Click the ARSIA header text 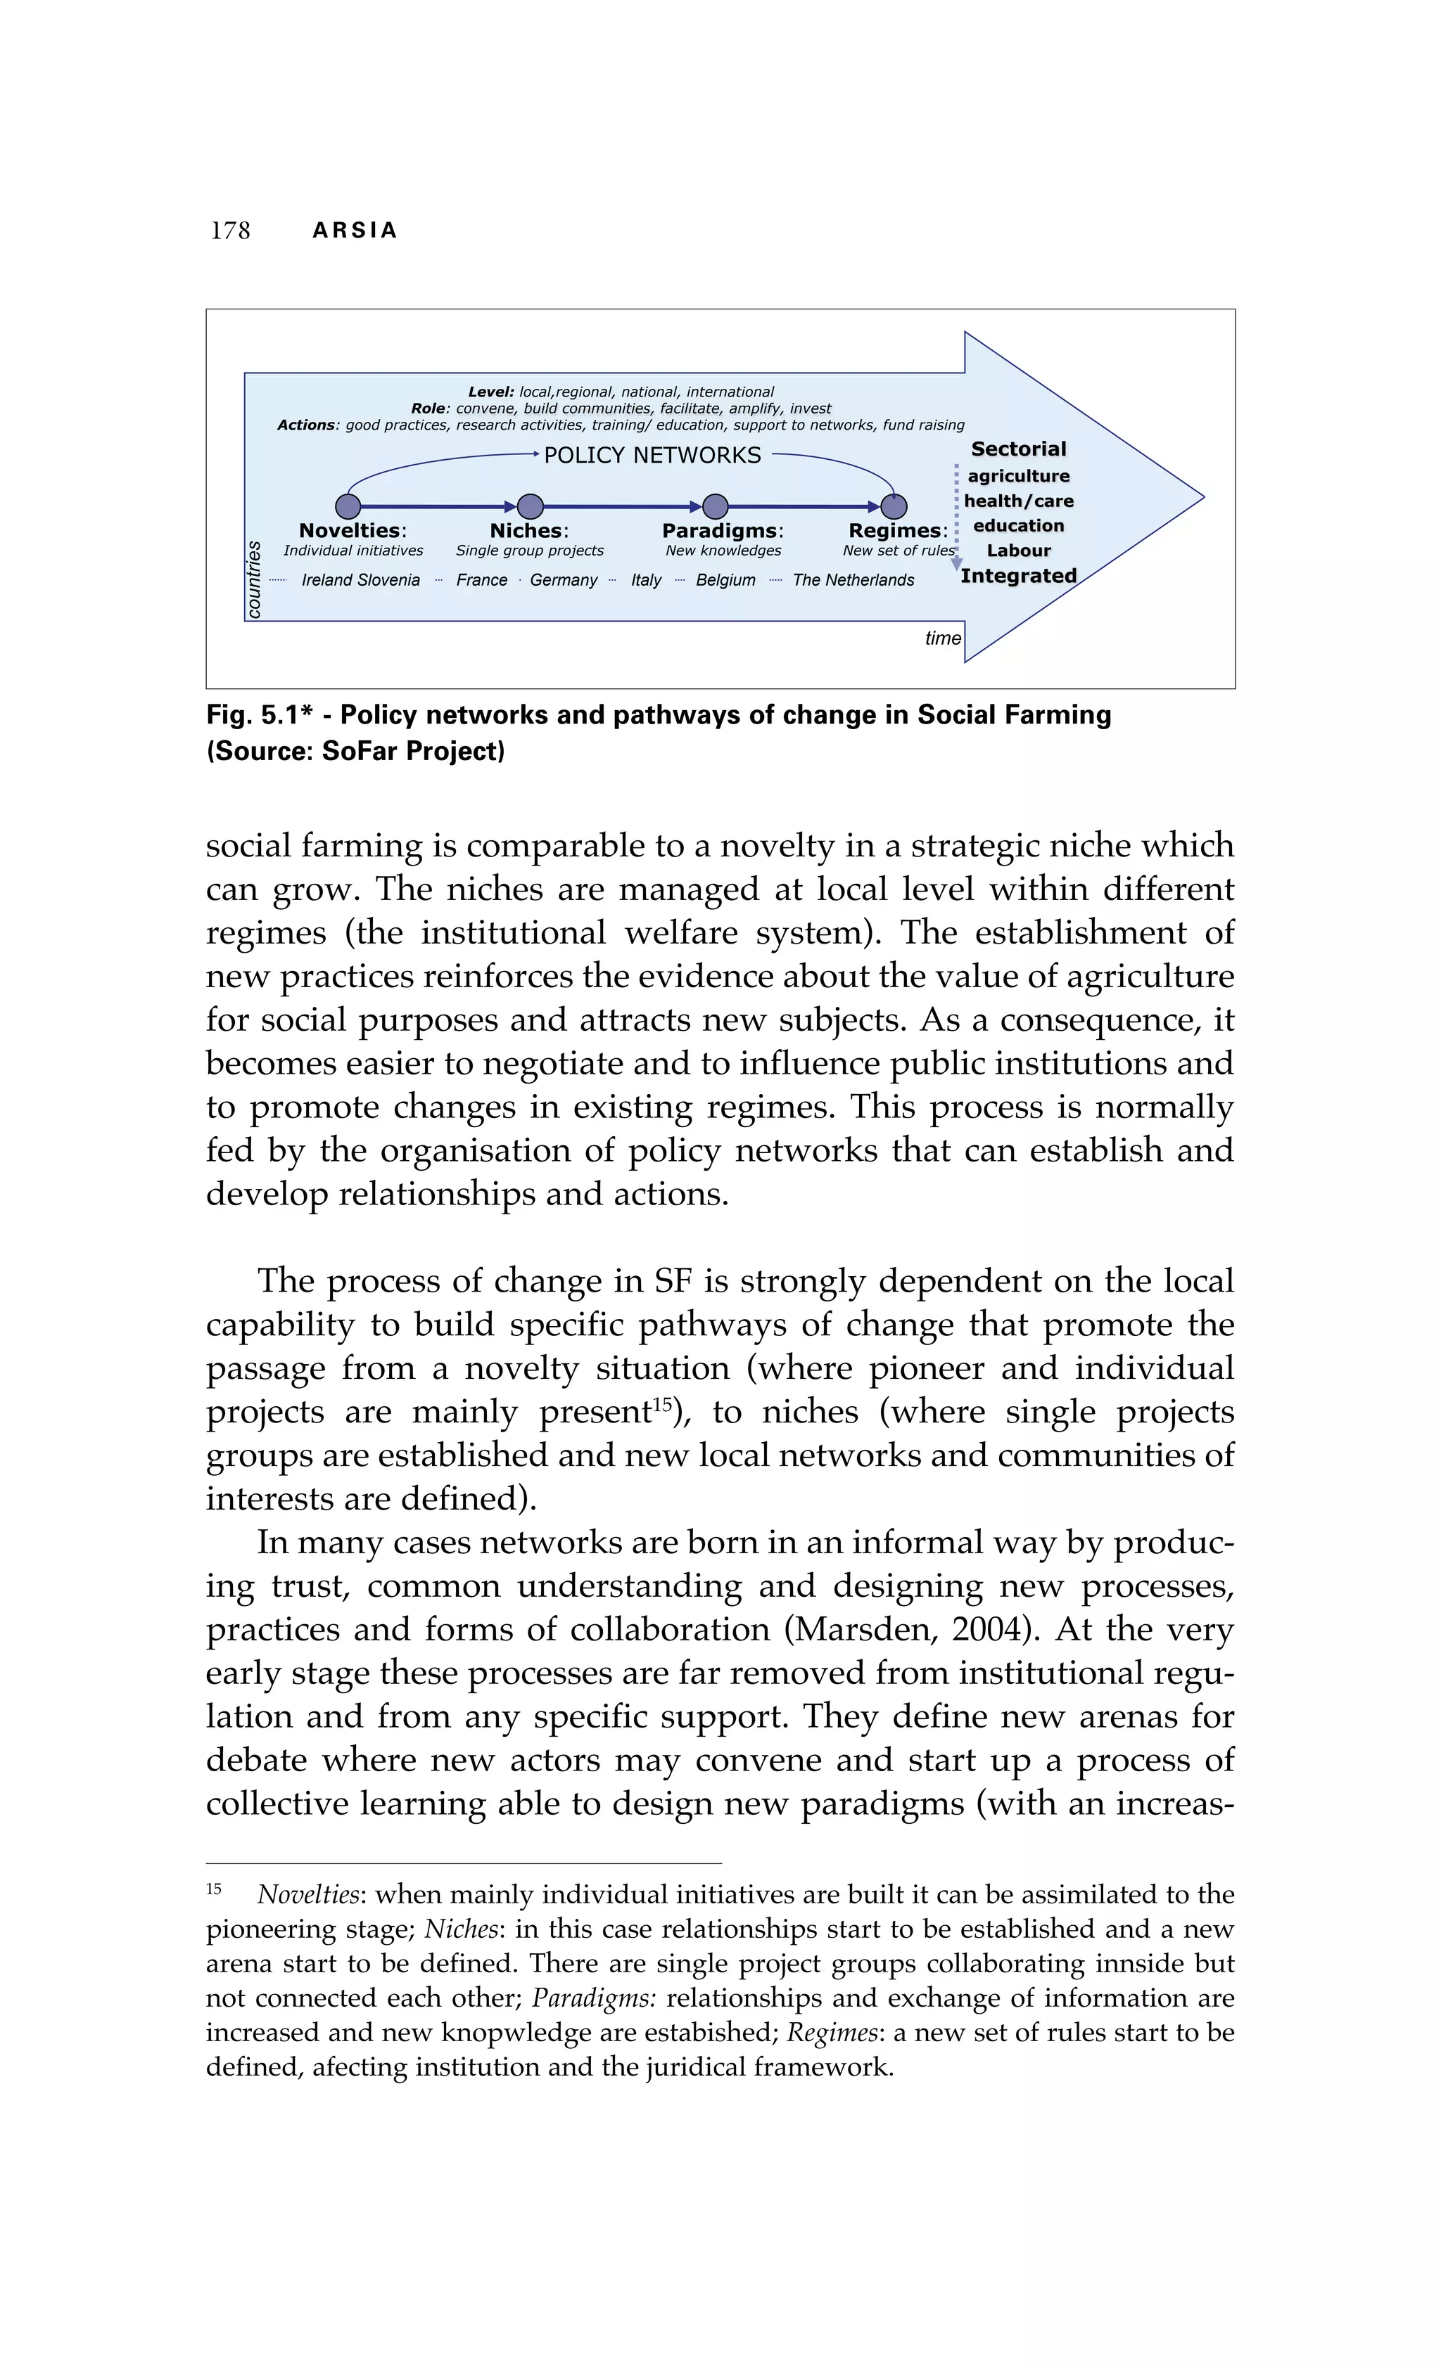click(x=355, y=231)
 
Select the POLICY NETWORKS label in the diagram click(x=652, y=455)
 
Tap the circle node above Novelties click(x=348, y=506)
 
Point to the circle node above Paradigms click(x=716, y=506)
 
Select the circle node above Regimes click(x=894, y=506)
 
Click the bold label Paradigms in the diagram click(x=721, y=530)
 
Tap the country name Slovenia click(x=389, y=580)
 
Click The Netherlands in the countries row click(x=853, y=580)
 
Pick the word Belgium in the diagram click(x=725, y=580)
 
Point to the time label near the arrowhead click(x=942, y=638)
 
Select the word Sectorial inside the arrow click(x=1018, y=449)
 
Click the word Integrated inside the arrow click(x=1018, y=576)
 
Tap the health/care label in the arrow click(x=1018, y=501)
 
